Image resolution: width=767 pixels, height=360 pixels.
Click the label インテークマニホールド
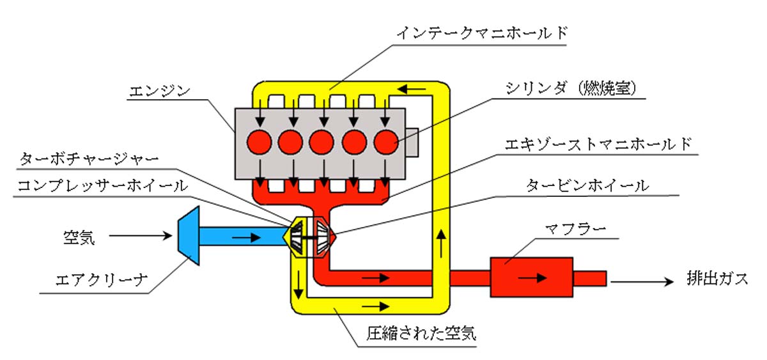pyautogui.click(x=481, y=33)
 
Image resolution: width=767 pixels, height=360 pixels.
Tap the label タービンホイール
pyautogui.click(x=587, y=185)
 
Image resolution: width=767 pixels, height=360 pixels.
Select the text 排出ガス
pyautogui.click(x=717, y=280)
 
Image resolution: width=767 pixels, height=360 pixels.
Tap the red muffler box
pyautogui.click(x=531, y=277)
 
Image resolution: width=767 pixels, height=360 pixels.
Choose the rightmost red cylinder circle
pyautogui.click(x=386, y=142)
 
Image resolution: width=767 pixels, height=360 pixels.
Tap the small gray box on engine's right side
pyautogui.click(x=412, y=142)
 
